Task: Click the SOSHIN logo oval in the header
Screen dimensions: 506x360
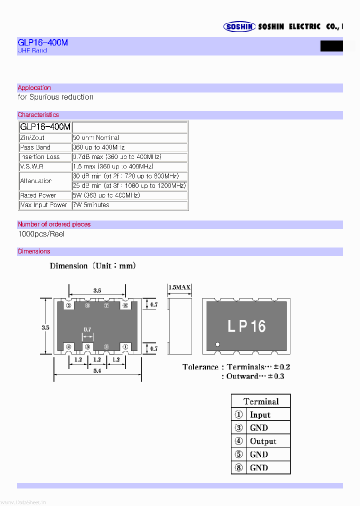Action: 239,27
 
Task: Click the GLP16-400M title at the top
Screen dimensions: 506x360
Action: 42,42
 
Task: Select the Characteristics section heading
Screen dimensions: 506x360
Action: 38,115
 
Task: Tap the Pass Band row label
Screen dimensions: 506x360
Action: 35,147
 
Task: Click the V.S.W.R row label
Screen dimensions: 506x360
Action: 31,166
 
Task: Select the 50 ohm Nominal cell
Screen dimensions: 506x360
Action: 96,137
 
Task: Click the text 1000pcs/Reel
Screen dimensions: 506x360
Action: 41,234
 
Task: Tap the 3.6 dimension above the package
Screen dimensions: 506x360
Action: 97,290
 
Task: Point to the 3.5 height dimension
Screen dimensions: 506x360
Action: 45,328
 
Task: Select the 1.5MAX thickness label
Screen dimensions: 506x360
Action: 179,287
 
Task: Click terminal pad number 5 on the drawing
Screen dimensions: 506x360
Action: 68,305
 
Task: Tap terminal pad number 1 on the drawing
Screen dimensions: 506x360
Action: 125,346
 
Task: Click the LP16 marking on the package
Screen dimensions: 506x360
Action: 246,326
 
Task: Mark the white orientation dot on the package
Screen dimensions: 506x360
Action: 217,344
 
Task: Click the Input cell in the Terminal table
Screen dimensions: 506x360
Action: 260,414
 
